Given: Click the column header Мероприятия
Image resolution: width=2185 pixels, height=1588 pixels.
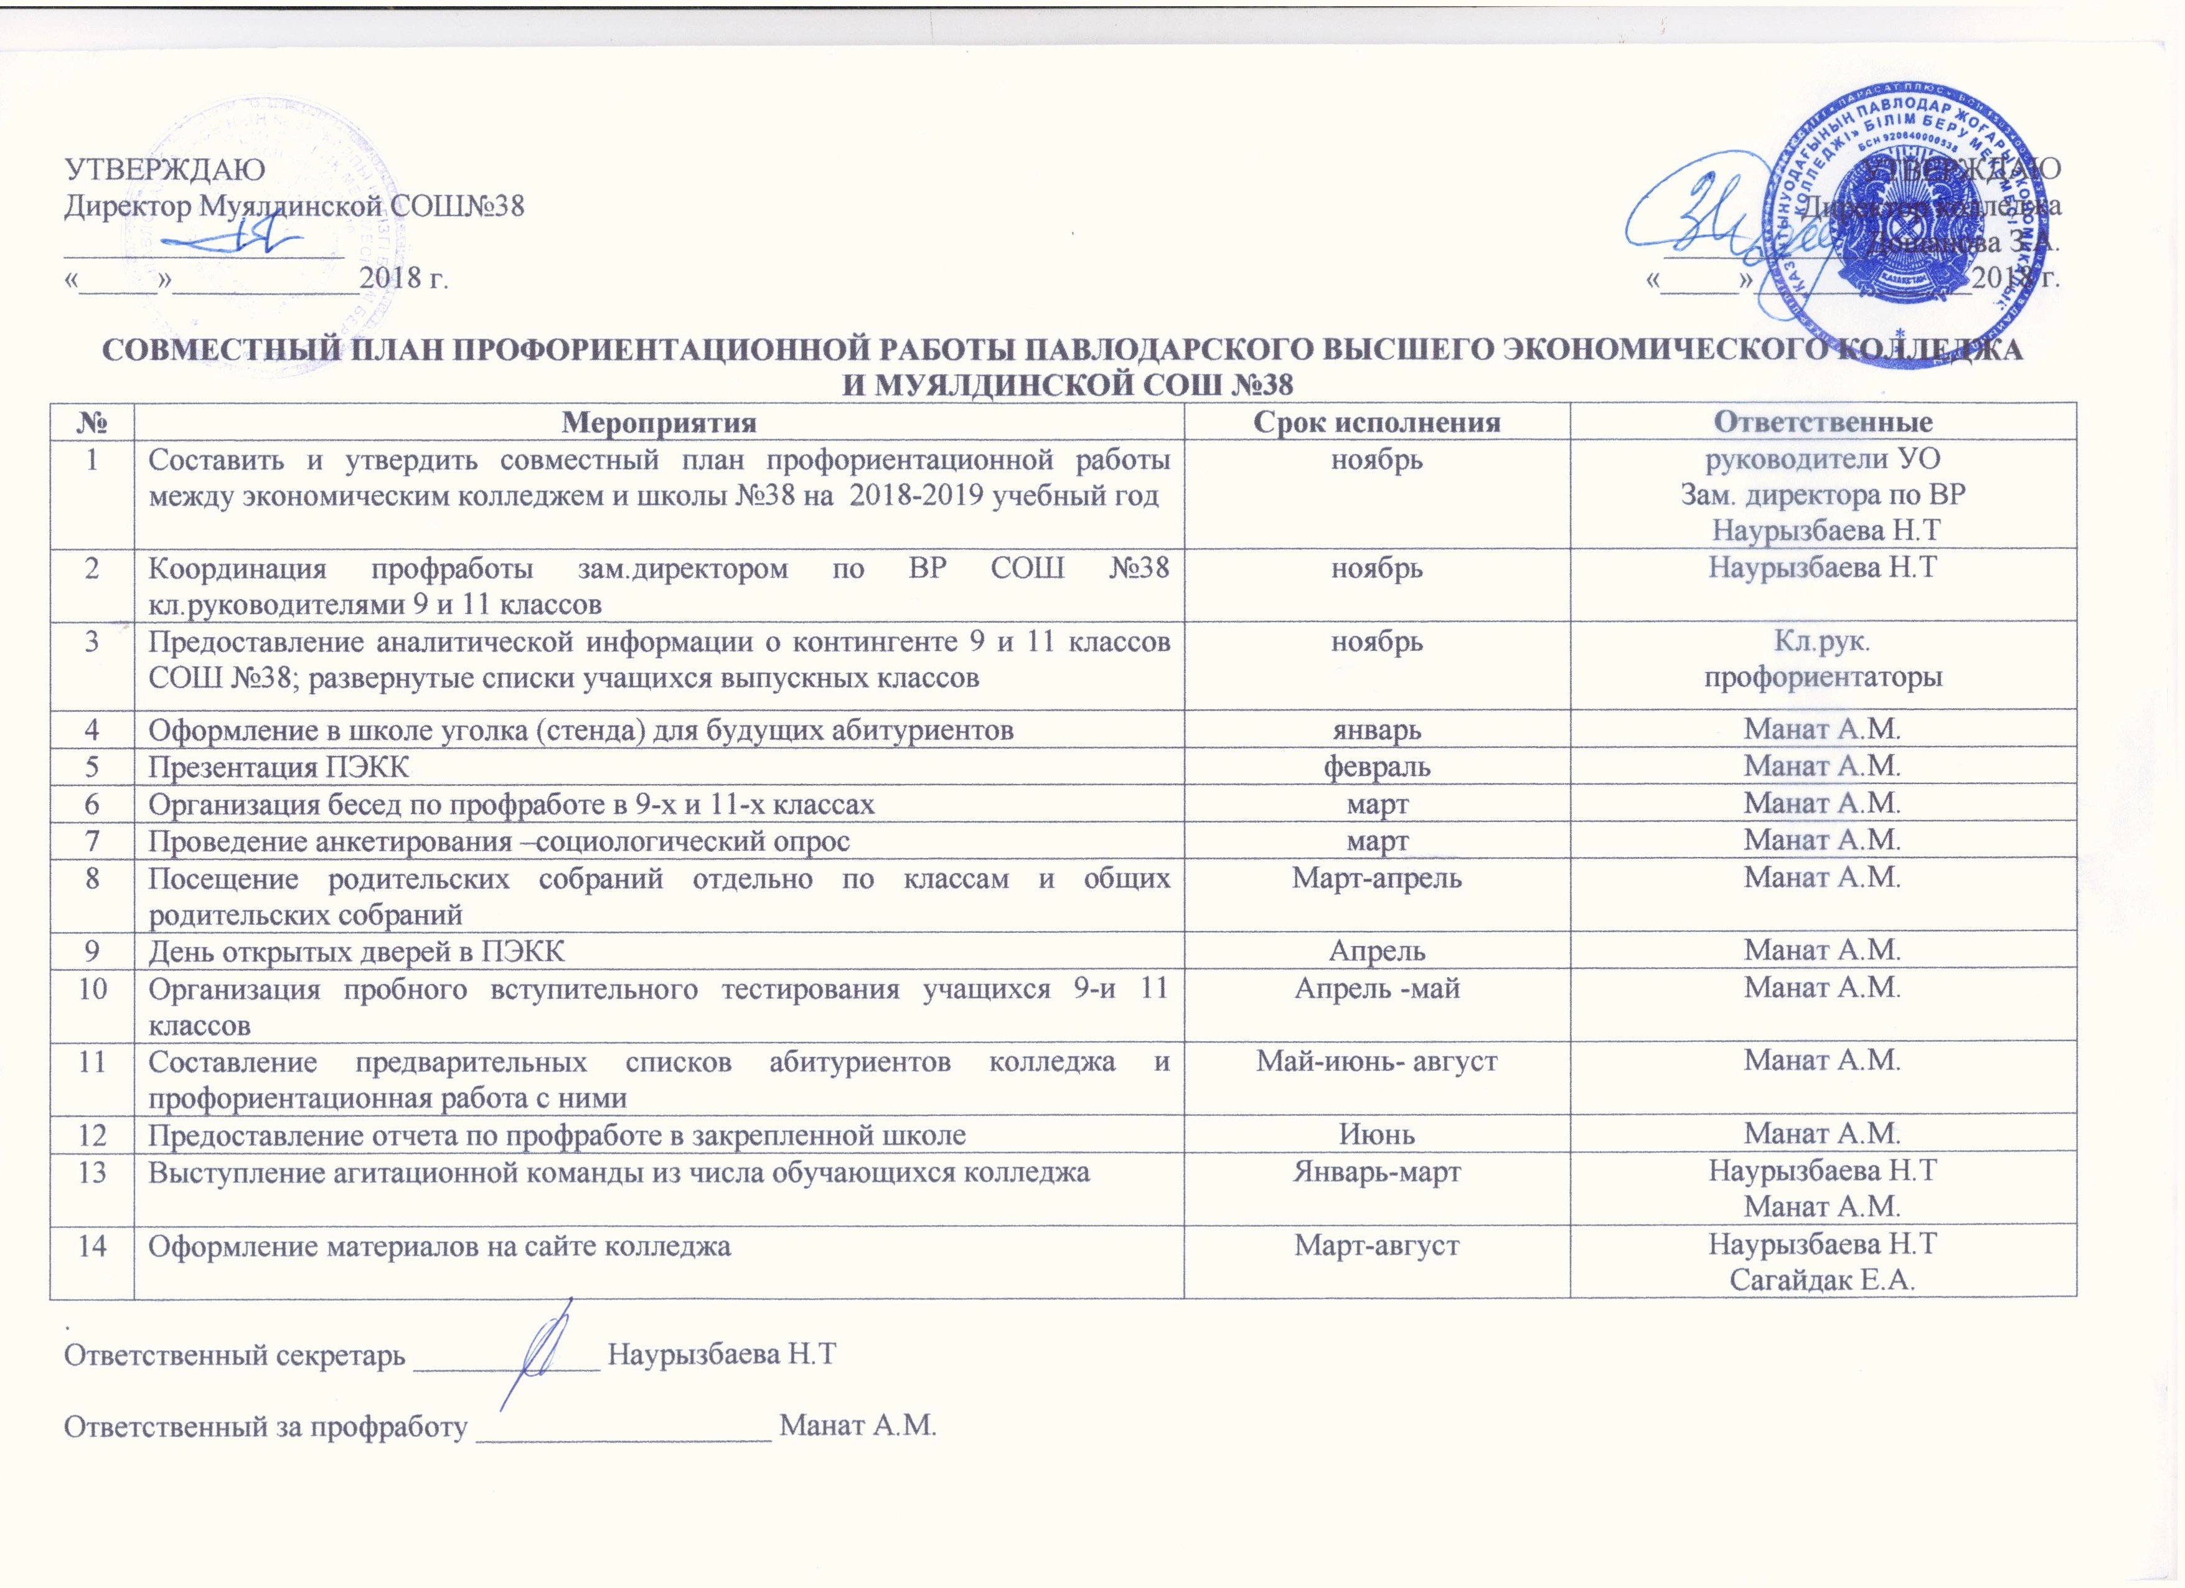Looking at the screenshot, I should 659,422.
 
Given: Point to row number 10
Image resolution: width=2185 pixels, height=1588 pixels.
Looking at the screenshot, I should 93,989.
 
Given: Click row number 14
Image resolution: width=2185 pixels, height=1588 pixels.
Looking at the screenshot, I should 93,1245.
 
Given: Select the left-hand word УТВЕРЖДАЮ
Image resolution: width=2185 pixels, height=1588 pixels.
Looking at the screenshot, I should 164,169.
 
